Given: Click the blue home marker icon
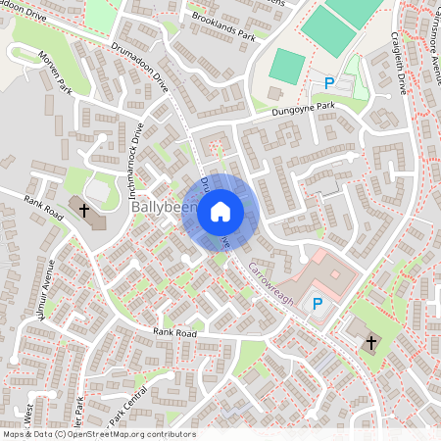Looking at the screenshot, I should tap(220, 211).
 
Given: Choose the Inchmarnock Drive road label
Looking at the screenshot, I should tap(137, 155).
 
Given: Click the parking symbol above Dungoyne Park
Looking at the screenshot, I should tap(329, 84).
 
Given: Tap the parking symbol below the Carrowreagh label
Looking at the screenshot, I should tap(317, 304).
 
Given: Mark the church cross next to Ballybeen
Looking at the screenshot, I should tap(84, 210).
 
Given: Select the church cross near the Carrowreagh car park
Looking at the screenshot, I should tap(370, 342).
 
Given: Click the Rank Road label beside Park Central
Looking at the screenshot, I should tap(174, 333).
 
